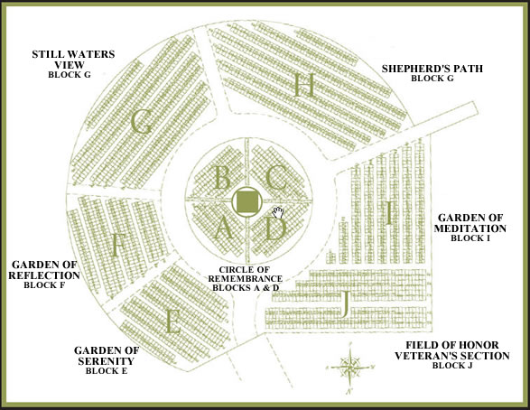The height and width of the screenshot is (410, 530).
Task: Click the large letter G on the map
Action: coord(141,122)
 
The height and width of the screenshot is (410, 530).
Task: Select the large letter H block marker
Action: coord(304,86)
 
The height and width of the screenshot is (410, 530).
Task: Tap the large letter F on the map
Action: coord(116,245)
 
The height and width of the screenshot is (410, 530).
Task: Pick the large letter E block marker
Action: coord(172,321)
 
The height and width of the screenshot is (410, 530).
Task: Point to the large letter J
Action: coord(345,304)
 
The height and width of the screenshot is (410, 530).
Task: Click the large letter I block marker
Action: coord(389,213)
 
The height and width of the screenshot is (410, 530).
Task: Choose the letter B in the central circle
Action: coord(222,177)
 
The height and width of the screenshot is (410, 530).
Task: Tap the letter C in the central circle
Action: coord(276,177)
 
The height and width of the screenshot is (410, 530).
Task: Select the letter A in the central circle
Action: coord(224,228)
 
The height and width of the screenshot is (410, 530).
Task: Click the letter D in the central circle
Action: coord(275,229)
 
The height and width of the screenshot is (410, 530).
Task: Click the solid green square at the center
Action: coord(247,202)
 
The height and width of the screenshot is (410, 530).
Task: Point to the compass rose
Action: coord(350,367)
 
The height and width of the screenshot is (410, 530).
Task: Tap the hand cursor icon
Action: coord(278,212)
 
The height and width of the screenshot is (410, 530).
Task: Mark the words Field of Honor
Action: coord(452,345)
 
